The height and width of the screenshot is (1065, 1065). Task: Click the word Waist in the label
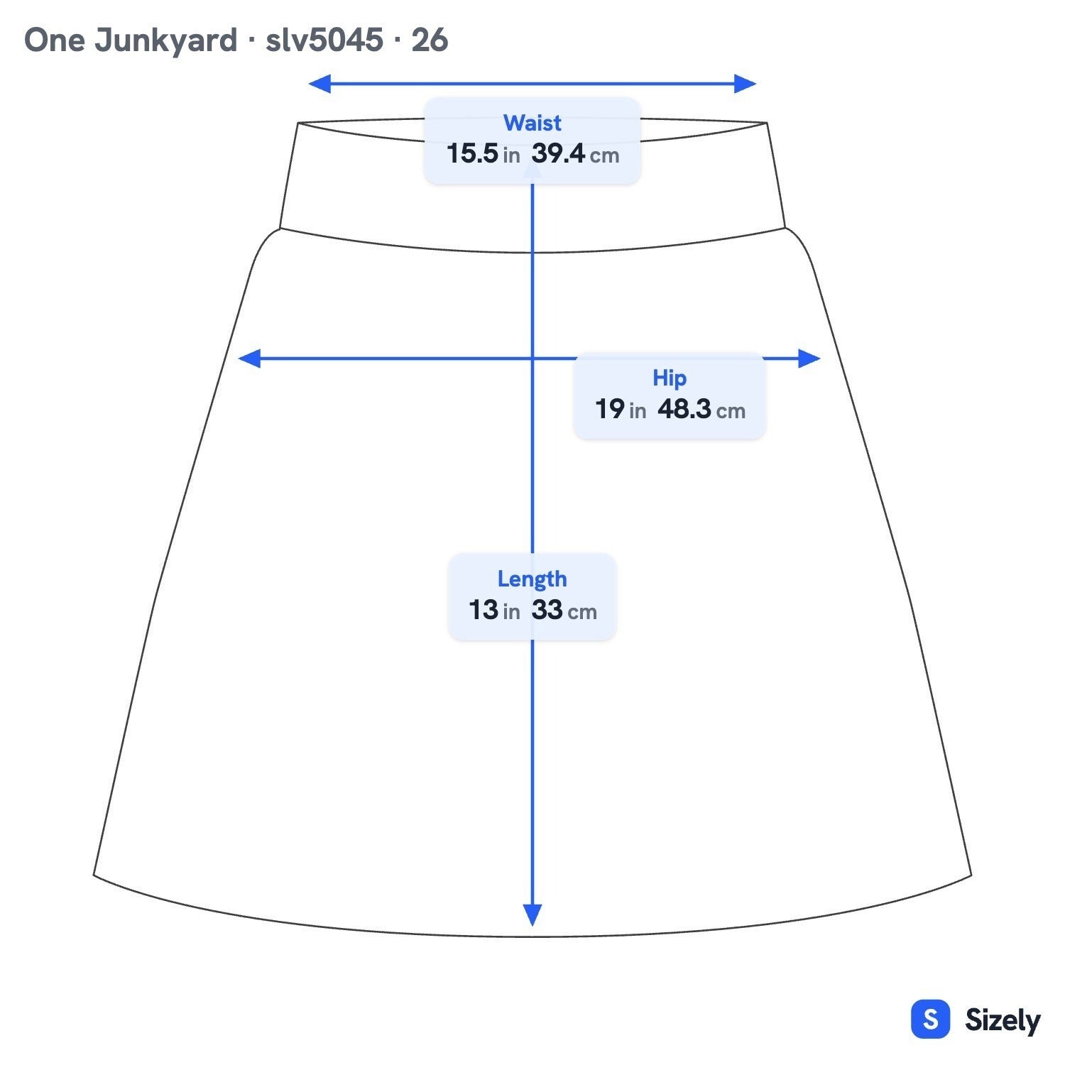point(532,123)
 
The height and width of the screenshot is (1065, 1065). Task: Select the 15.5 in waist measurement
point(483,153)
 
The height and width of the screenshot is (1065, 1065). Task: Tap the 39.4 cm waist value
point(575,153)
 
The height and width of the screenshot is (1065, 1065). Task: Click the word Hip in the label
point(670,378)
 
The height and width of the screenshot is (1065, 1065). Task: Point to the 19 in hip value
point(621,409)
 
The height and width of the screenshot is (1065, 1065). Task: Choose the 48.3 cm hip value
point(701,409)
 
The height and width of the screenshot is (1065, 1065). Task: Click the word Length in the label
point(532,579)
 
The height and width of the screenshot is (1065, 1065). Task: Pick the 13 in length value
point(494,610)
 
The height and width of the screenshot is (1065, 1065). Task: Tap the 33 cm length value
point(564,610)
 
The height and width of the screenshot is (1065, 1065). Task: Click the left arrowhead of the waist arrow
point(319,84)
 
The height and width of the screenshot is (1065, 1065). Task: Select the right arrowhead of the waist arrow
point(745,84)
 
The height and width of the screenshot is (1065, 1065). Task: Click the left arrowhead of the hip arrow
point(249,359)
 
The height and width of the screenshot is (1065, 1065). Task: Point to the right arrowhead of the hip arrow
point(809,359)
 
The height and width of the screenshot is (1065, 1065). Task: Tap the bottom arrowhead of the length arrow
point(532,915)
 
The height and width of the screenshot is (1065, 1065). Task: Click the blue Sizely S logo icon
point(930,1020)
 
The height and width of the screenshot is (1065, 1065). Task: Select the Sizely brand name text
point(1003,1020)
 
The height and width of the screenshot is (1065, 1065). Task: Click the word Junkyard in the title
point(166,40)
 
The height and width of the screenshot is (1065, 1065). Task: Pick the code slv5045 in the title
point(324,40)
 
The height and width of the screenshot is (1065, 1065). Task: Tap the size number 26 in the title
point(430,40)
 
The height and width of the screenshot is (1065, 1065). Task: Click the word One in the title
point(55,40)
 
